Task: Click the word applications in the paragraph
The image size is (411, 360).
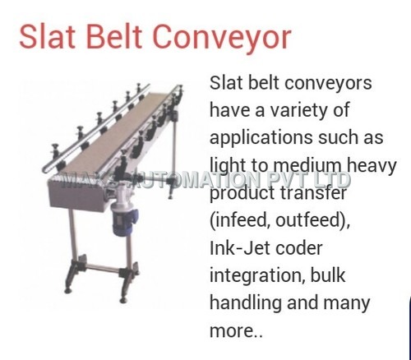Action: pyautogui.click(x=262, y=137)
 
